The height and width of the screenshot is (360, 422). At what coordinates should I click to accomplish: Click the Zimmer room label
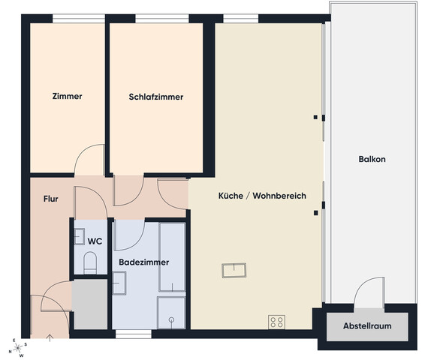pos(67,96)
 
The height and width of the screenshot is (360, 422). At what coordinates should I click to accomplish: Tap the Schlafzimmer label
pos(156,97)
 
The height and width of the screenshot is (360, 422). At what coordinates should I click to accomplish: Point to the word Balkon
pos(372,159)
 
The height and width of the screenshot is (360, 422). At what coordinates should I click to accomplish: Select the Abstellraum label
pos(367,325)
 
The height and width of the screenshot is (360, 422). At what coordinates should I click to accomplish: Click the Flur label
pos(51,199)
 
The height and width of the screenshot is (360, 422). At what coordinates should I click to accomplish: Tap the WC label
pos(95,241)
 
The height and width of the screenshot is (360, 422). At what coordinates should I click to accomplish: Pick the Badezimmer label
pos(143,262)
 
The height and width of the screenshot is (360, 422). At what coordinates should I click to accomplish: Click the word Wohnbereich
pos(279,196)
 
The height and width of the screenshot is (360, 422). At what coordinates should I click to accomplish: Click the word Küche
pos(231,196)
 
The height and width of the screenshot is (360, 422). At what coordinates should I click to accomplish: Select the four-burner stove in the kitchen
pos(276,322)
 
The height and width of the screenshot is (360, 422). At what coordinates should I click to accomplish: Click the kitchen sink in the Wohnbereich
pos(234,270)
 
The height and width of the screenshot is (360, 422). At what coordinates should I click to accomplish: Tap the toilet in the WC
pos(90,262)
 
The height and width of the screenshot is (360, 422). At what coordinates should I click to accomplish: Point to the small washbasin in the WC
pos(79,236)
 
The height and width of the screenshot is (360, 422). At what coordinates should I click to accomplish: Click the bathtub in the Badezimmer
pos(172,256)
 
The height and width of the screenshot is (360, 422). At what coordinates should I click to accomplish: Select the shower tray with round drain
pos(171,313)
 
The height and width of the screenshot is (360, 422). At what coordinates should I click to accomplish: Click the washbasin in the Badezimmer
pos(119,283)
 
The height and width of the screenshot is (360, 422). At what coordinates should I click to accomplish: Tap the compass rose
pos(18,348)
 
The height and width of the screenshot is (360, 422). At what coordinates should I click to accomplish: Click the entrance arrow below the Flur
pos(50,338)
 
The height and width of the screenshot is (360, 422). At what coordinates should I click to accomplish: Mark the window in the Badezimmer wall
pos(134,334)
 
